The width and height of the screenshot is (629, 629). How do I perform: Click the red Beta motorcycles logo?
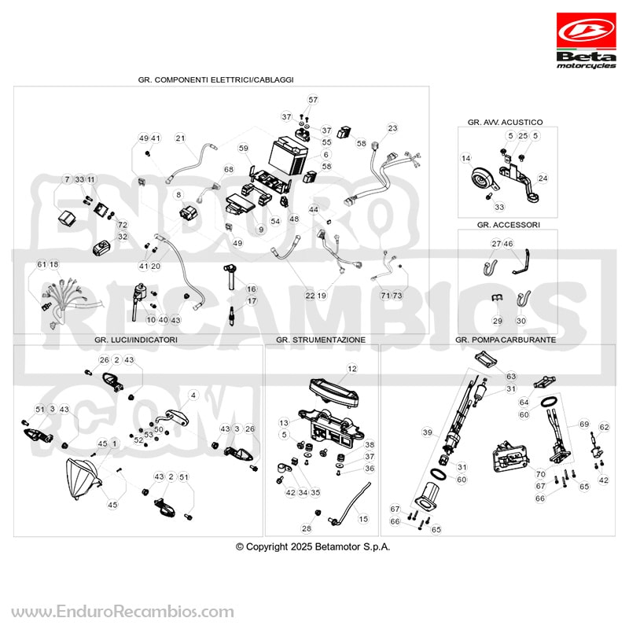586,41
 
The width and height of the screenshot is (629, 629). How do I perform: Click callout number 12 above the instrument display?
351,369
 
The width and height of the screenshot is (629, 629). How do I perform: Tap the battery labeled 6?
289,156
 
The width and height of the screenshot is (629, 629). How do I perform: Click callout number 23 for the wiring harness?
392,128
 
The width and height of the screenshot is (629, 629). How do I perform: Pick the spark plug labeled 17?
232,315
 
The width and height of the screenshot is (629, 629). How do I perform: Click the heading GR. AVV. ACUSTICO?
505,122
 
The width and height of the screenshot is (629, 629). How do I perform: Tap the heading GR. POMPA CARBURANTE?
506,340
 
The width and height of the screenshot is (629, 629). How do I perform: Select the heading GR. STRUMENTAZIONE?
321,340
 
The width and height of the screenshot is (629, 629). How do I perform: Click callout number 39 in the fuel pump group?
427,432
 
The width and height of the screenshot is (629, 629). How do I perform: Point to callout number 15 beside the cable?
363,519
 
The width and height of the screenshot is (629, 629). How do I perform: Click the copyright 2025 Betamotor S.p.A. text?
313,546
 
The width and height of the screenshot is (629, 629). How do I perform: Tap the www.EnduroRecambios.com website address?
123,612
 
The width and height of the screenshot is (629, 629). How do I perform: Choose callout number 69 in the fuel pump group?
584,424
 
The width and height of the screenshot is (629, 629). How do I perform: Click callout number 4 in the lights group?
193,395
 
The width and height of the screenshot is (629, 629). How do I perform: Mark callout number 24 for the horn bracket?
543,178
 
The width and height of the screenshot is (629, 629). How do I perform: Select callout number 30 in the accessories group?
520,321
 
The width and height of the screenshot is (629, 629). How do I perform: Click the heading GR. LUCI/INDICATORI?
135,340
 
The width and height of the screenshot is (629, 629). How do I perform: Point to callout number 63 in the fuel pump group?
510,376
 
